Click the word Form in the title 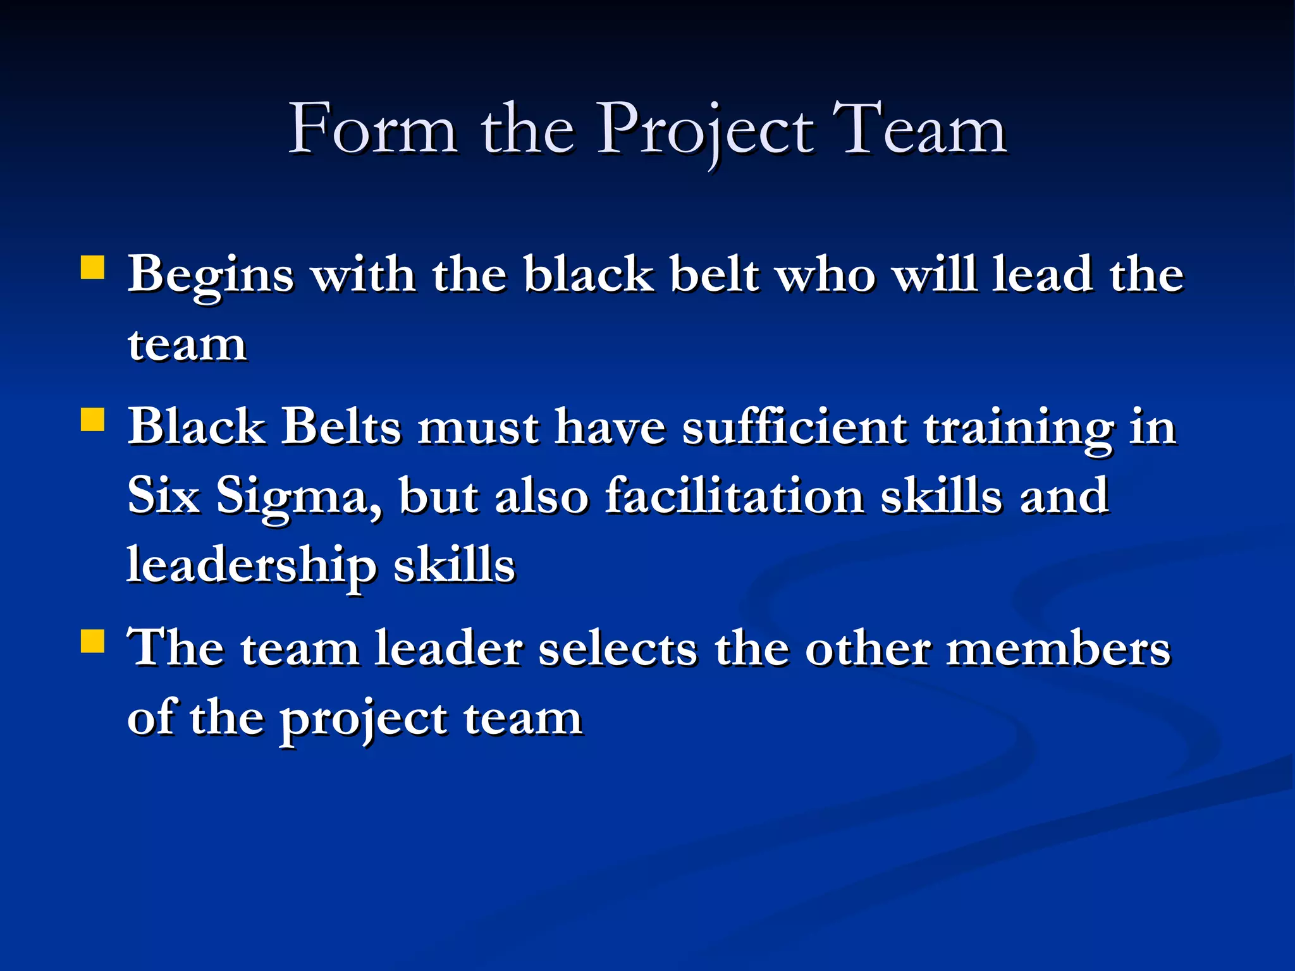pyautogui.click(x=373, y=130)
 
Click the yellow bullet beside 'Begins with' pyautogui.click(x=93, y=267)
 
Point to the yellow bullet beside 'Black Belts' pyautogui.click(x=93, y=418)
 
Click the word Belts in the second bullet pyautogui.click(x=341, y=427)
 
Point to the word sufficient pyautogui.click(x=795, y=427)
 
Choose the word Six pyautogui.click(x=164, y=496)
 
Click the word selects pyautogui.click(x=618, y=649)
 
